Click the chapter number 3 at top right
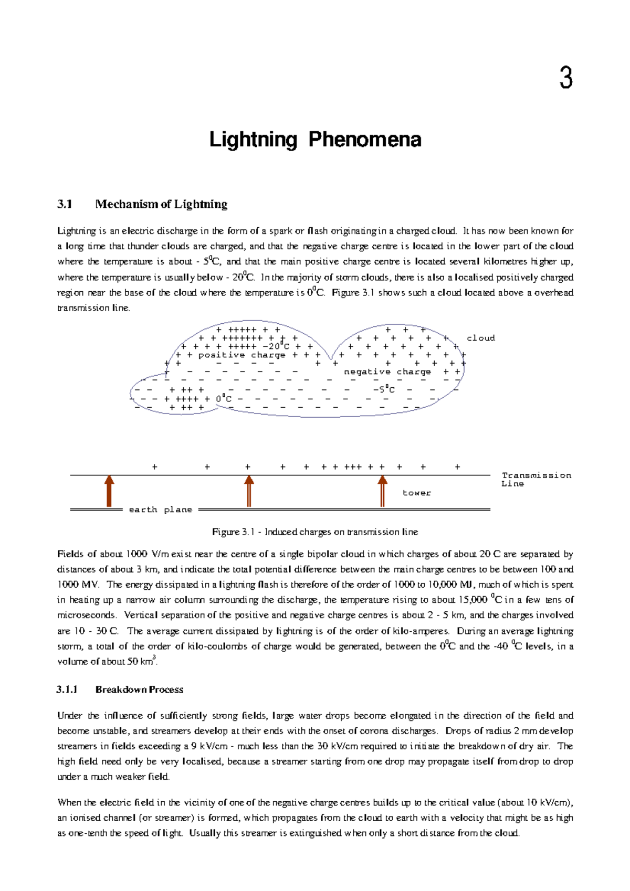(x=565, y=79)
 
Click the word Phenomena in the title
(x=364, y=140)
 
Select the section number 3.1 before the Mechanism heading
(x=65, y=204)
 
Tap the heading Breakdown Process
(x=139, y=690)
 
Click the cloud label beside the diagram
(x=480, y=338)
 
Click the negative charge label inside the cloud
(x=387, y=372)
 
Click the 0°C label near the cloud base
(x=224, y=399)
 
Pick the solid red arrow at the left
(x=109, y=491)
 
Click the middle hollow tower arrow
(x=249, y=491)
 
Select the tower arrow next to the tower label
(x=383, y=491)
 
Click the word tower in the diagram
(x=416, y=493)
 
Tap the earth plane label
(x=161, y=510)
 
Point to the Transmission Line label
(x=535, y=480)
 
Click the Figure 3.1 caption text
(x=315, y=532)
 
